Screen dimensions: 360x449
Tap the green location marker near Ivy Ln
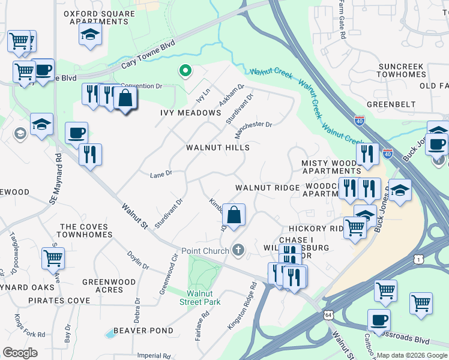[x=185, y=72]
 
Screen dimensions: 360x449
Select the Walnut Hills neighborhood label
[x=217, y=147]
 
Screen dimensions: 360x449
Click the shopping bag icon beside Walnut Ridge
[x=234, y=214]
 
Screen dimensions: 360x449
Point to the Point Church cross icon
[x=238, y=250]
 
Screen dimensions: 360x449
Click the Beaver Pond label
[x=143, y=331]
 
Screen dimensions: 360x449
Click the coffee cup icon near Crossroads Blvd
[x=378, y=319]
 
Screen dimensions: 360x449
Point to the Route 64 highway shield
[x=328, y=314]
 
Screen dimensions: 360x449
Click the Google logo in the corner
[x=20, y=353]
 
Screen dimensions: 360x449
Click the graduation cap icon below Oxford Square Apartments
[x=90, y=34]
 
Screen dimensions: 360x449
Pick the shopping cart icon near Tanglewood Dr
[x=53, y=259]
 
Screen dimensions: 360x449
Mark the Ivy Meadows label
[x=191, y=113]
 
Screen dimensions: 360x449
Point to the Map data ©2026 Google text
[x=411, y=355]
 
